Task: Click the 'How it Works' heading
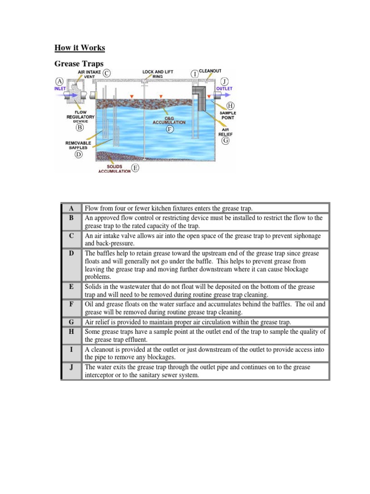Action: coord(79,48)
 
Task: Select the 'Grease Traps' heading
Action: coord(79,64)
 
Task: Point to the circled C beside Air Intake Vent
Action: coord(106,73)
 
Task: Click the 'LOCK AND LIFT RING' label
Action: coord(158,74)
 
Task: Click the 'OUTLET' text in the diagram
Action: coord(224,89)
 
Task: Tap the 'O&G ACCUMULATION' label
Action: coord(169,121)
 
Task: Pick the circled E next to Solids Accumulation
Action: coord(135,168)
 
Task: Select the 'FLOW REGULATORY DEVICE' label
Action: coord(80,117)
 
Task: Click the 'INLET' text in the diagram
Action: coord(60,89)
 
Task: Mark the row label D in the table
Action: coord(71,253)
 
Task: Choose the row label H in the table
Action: coord(71,332)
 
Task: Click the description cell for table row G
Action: coord(205,322)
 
